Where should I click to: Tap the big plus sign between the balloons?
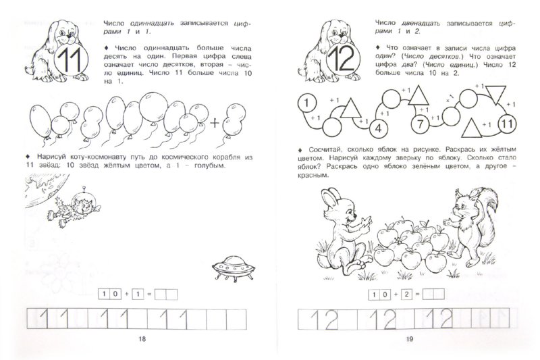[215, 122]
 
